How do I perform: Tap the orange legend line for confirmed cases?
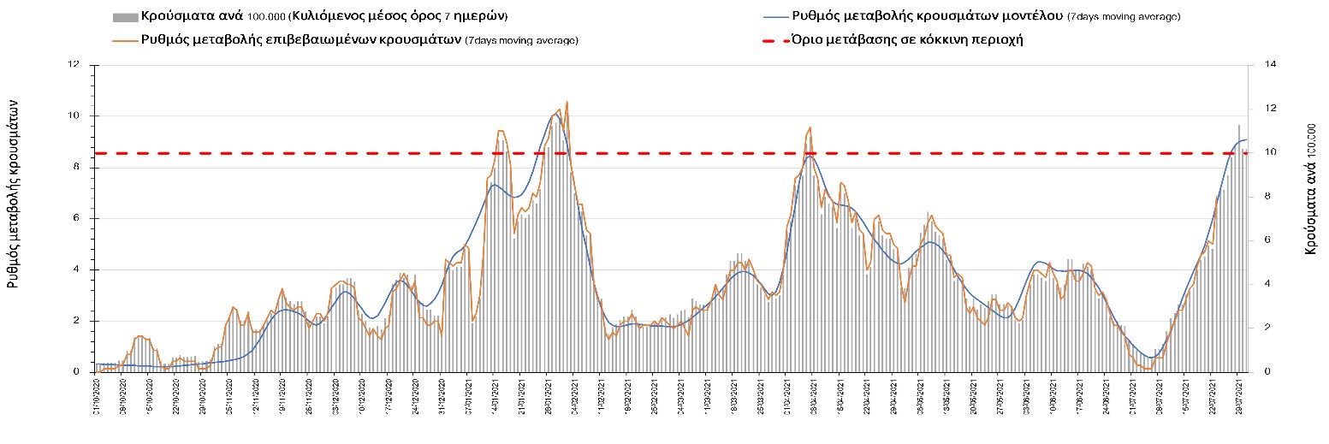[x=127, y=39]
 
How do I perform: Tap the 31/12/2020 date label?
[x=442, y=398]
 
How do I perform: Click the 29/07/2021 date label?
[x=1237, y=398]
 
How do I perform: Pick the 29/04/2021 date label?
[x=893, y=398]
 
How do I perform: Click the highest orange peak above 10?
[x=567, y=102]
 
